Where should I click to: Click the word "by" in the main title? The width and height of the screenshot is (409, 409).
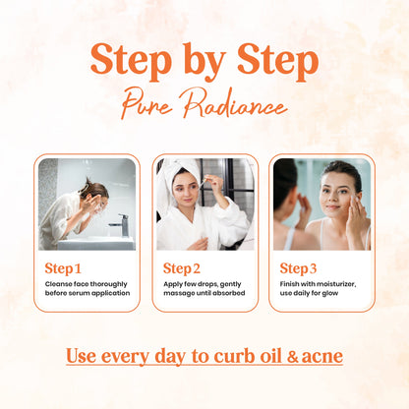204,62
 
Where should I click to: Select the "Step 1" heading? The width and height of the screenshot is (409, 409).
63,268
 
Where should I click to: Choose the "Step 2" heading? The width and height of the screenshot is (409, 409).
182,268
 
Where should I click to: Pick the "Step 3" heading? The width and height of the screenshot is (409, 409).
298,268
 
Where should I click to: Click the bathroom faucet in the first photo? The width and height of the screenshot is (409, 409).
120,225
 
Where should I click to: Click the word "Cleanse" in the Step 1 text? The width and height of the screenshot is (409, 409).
58,284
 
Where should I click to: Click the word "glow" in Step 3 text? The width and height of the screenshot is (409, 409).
330,293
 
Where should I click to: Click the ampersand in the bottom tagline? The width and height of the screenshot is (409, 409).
293,357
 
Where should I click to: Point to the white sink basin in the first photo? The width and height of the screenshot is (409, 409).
95,243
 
